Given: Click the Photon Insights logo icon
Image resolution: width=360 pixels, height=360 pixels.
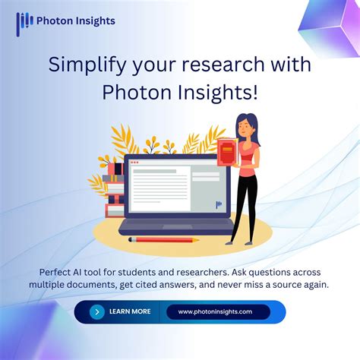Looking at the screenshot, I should tap(24, 22).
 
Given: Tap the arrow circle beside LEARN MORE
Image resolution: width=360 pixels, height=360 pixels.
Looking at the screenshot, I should tap(96, 311).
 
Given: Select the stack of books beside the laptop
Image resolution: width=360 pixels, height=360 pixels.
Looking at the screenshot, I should tap(115, 190).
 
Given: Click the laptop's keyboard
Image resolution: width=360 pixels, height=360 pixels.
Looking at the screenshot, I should tap(175, 224).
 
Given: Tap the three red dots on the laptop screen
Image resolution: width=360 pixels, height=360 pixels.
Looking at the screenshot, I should tap(135, 163).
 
